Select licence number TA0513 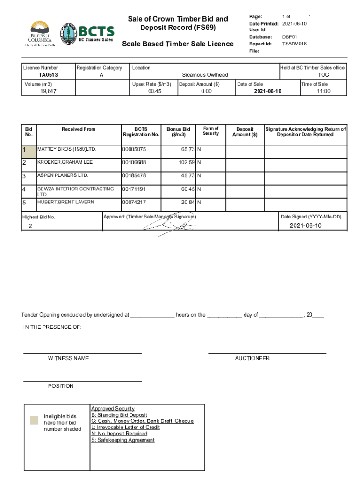pos(48,75)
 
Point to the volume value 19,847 pos(48,91)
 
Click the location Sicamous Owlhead pos(205,75)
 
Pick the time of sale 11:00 pos(323,91)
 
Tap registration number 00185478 pos(134,175)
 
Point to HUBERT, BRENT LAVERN pos(66,202)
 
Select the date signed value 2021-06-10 pos(305,225)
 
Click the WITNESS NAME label pos(68,358)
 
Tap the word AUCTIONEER pos(252,358)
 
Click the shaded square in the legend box pos(34,420)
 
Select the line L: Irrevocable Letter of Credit pos(125,427)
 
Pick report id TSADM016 pos(295,44)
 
